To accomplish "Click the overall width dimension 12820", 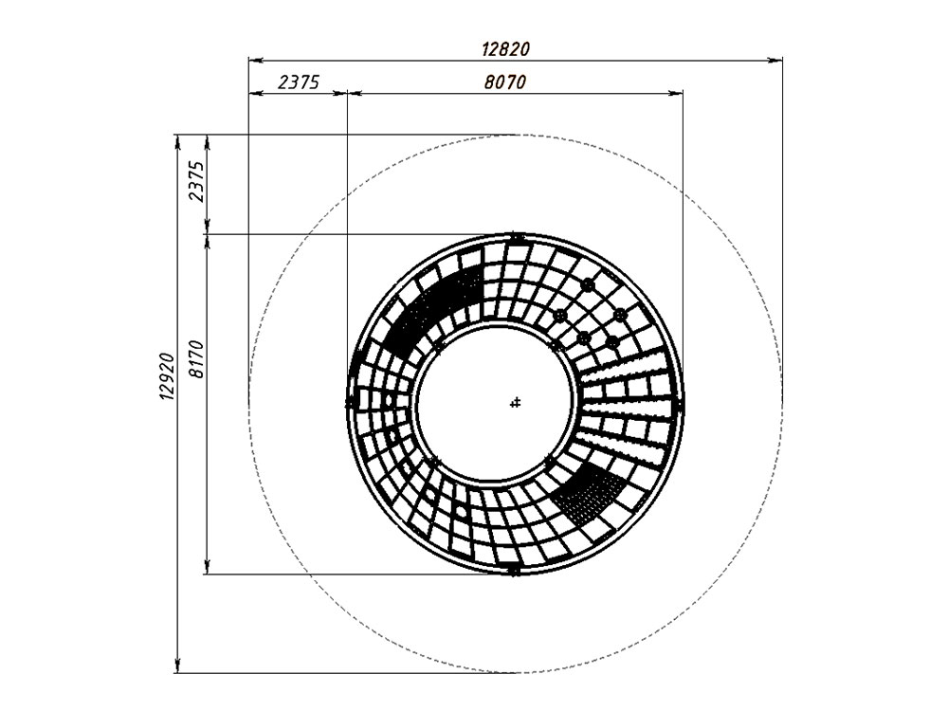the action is (505, 49).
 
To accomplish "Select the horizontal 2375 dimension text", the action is (298, 82).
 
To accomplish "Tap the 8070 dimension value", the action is (505, 82).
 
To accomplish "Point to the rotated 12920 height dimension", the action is (167, 376).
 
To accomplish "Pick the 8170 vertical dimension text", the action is (196, 359).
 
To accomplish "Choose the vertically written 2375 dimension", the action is (196, 181).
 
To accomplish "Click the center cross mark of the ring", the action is (515, 402).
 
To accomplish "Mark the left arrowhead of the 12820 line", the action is (256, 60).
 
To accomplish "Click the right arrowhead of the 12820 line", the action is (775, 60).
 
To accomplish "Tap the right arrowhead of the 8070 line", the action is (676, 93).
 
